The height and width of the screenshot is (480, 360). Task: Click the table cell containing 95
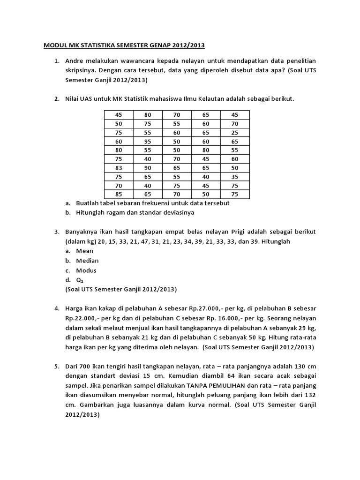pos(148,141)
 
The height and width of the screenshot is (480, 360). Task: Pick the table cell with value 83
pos(119,167)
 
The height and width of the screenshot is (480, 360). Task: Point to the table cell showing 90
pos(148,167)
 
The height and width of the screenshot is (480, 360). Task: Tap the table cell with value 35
pos(235,176)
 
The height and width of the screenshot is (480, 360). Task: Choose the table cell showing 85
pos(119,194)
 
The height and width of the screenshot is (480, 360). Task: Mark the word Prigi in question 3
pos(236,232)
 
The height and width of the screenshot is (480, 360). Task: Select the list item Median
pos(87,261)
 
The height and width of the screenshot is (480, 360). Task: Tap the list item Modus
pos(86,270)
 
